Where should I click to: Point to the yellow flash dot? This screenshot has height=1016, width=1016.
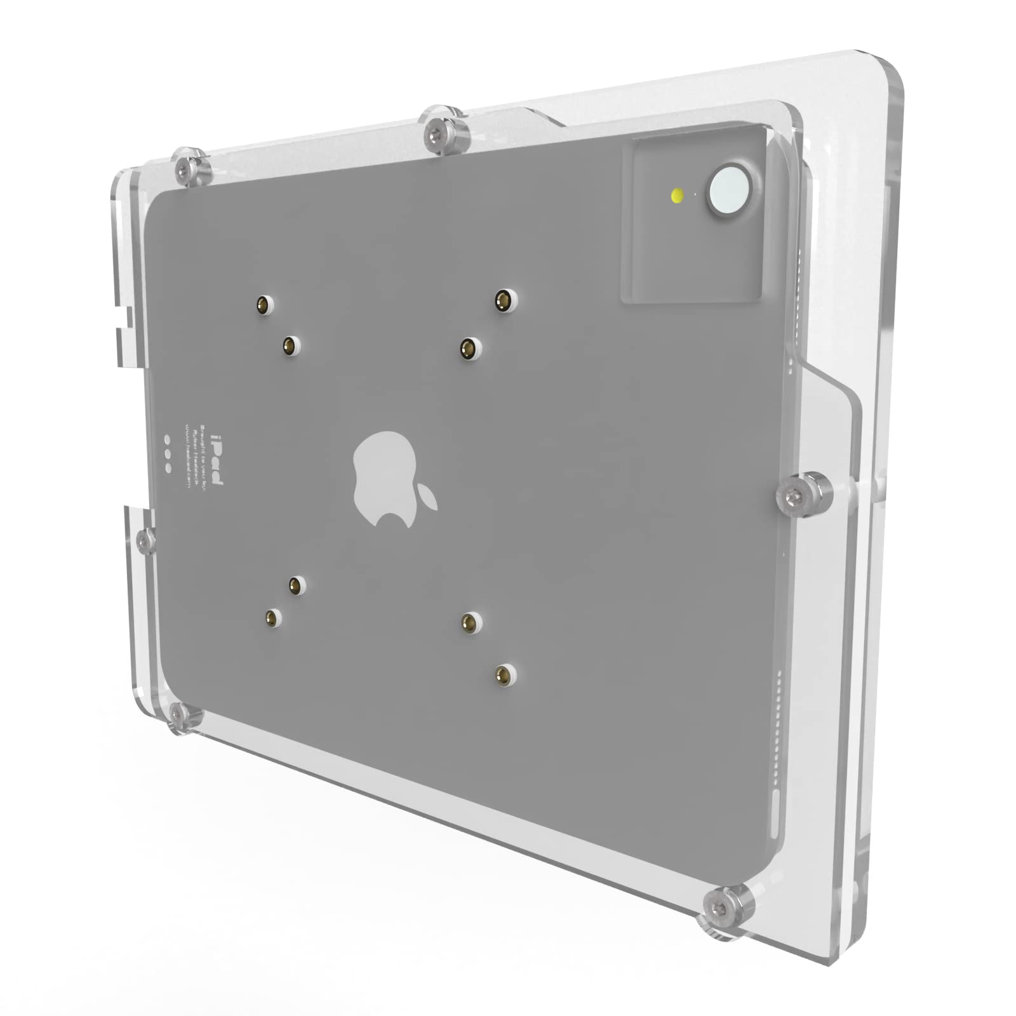(x=678, y=194)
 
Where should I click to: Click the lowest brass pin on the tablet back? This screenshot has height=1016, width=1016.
(x=504, y=673)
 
